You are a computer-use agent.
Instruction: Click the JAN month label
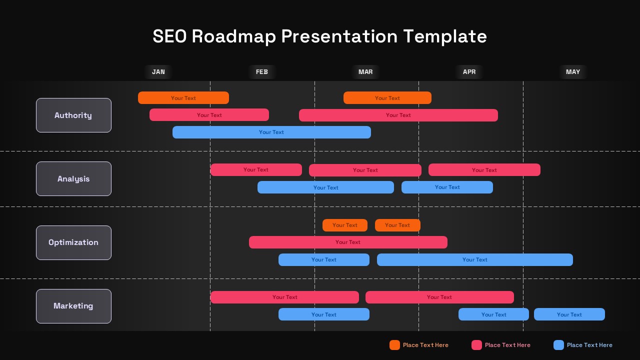pyautogui.click(x=158, y=71)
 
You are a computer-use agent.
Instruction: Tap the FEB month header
pyautogui.click(x=261, y=71)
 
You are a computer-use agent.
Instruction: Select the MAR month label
pyautogui.click(x=365, y=71)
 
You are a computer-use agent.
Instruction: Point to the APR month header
pyautogui.click(x=469, y=71)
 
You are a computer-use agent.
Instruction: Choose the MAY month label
pyautogui.click(x=573, y=71)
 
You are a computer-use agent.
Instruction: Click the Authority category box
pyautogui.click(x=73, y=115)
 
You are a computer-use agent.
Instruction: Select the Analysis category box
pyautogui.click(x=73, y=179)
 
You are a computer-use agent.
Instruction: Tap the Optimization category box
pyautogui.click(x=73, y=242)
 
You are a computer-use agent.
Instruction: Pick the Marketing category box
pyautogui.click(x=73, y=306)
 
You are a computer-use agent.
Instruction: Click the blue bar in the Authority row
pyautogui.click(x=271, y=132)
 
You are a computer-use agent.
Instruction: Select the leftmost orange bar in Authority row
pyautogui.click(x=183, y=97)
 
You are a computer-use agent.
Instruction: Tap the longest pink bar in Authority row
pyautogui.click(x=398, y=115)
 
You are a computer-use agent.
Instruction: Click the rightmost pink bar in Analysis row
pyautogui.click(x=484, y=169)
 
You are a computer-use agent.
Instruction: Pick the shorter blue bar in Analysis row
pyautogui.click(x=447, y=187)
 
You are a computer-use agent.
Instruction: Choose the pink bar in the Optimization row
pyautogui.click(x=348, y=242)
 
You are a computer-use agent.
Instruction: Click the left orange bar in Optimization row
pyautogui.click(x=345, y=225)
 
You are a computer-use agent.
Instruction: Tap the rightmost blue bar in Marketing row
pyautogui.click(x=569, y=314)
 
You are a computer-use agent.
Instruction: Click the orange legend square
pyautogui.click(x=394, y=345)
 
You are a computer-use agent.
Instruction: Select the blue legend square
pyautogui.click(x=558, y=345)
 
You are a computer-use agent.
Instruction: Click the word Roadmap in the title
pyautogui.click(x=234, y=36)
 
